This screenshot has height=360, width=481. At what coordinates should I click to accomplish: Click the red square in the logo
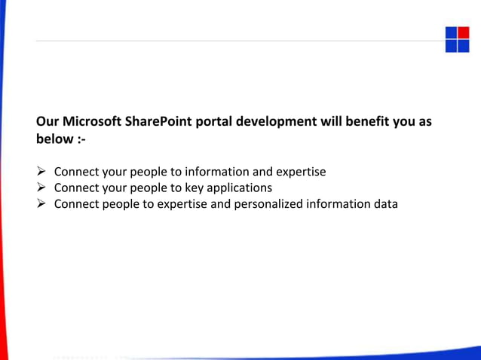click(463, 33)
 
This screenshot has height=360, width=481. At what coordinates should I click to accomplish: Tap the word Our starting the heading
click(47, 121)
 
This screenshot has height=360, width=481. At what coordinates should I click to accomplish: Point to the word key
click(195, 188)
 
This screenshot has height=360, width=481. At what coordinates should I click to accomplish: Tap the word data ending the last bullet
click(384, 203)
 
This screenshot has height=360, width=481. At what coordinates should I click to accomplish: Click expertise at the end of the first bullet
click(300, 172)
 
